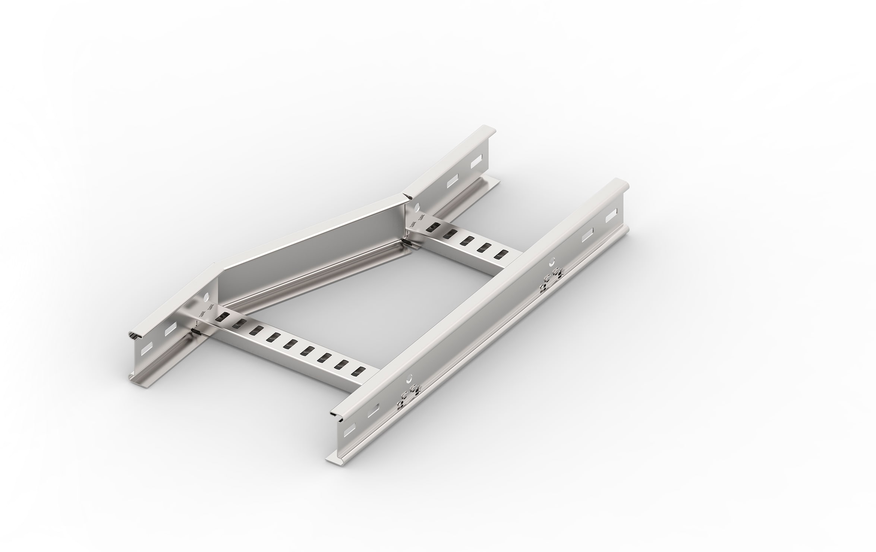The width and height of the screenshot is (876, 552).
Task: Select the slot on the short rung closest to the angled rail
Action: tap(433, 226)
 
